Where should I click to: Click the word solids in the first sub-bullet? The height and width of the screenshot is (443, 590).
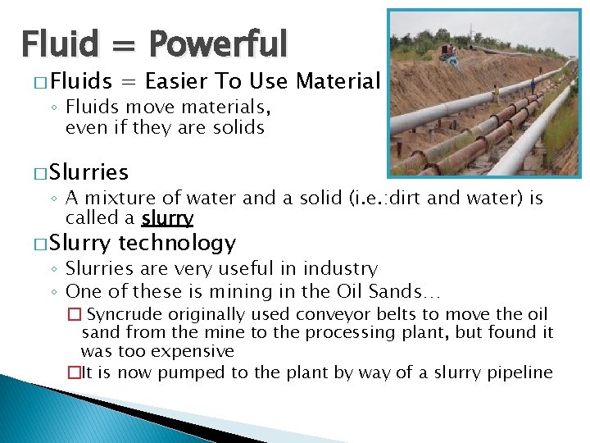point(237,127)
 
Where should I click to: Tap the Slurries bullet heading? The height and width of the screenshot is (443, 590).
point(88,172)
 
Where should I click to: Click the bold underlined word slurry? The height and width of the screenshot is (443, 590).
point(167,218)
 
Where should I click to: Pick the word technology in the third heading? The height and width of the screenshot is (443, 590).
point(177,243)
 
